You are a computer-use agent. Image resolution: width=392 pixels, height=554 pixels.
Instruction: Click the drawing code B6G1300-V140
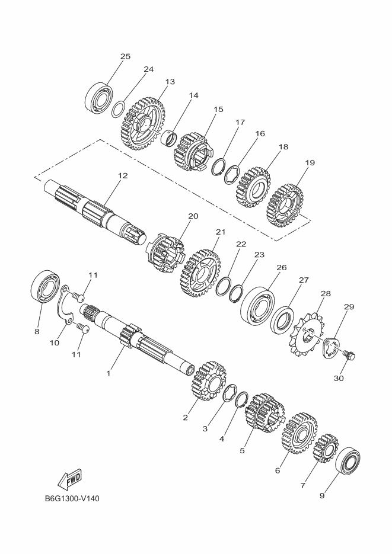click(x=72, y=498)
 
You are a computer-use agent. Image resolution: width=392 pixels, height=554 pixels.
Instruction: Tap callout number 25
click(x=125, y=56)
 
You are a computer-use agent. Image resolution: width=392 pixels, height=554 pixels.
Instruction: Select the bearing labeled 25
click(x=98, y=96)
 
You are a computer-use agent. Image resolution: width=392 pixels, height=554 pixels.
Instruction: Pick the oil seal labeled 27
click(x=282, y=320)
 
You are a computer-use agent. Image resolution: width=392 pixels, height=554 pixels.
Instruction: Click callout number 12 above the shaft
click(x=123, y=175)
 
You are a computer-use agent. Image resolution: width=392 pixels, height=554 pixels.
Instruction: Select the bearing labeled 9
click(x=348, y=461)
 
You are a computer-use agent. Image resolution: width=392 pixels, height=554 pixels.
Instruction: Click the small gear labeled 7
click(x=326, y=449)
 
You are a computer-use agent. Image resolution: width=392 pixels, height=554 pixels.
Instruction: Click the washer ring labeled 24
click(x=118, y=109)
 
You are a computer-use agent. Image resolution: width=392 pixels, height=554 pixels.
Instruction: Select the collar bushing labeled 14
click(x=169, y=138)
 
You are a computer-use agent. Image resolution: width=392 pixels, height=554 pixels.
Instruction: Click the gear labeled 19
click(x=285, y=206)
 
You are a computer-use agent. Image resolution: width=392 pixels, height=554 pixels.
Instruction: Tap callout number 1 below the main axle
click(x=109, y=373)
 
